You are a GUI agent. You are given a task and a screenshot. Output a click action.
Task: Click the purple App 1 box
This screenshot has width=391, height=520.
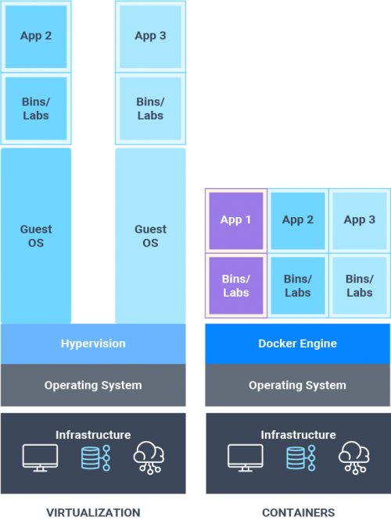236,220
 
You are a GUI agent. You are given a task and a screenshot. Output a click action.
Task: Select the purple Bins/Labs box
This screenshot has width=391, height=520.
236,286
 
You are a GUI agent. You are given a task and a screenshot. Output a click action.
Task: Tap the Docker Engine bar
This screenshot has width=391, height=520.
297,344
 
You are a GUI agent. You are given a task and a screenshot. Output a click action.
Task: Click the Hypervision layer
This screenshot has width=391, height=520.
93,344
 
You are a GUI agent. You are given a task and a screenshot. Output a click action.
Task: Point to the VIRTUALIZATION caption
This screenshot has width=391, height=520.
93,513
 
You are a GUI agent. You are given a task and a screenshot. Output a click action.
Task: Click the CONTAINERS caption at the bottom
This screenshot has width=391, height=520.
298,513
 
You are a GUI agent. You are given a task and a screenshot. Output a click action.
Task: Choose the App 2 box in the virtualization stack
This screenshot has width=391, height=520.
36,36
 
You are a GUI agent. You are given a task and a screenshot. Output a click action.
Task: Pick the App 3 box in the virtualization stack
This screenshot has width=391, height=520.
150,36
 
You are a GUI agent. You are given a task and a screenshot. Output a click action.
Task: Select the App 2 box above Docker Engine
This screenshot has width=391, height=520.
297,220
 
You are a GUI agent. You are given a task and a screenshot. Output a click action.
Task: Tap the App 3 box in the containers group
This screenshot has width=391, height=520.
360,220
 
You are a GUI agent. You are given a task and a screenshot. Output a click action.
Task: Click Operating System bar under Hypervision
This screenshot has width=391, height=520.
93,385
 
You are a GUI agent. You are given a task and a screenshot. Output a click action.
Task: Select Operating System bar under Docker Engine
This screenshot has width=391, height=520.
297,385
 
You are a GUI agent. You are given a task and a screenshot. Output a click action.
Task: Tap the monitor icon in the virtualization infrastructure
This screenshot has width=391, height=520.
40,457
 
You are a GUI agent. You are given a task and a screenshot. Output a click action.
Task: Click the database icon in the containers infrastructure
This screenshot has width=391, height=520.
296,458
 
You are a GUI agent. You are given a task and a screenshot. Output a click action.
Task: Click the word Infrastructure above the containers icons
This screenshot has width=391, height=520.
298,435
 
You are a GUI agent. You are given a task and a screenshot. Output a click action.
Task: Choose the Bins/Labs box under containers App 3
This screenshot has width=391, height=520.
360,286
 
